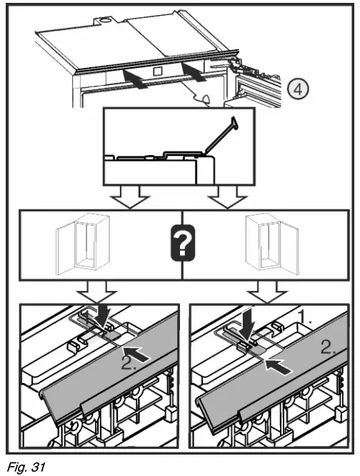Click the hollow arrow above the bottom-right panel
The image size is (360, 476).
click(x=266, y=292)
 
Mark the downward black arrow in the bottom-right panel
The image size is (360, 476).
click(x=251, y=324)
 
